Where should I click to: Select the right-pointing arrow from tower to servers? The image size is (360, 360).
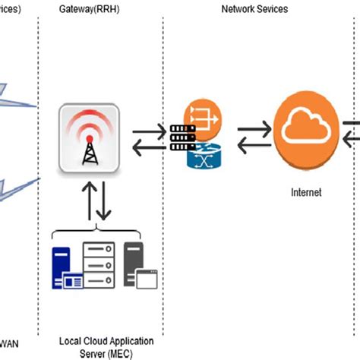point(147,132)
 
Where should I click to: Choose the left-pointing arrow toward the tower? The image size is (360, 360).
point(146,147)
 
